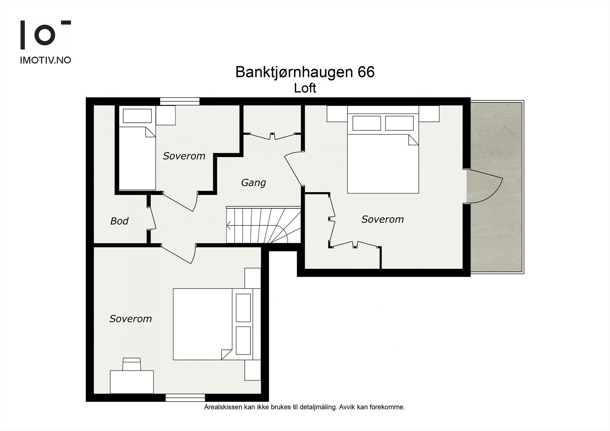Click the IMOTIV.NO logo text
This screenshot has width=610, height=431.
pos(45,60)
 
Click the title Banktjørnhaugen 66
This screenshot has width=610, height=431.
pos(305,72)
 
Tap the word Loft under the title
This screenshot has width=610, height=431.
pos(305,88)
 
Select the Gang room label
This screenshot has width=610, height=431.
pos(254,183)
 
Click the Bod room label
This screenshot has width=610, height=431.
pos(119,221)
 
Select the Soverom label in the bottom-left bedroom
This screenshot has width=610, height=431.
pos(130,319)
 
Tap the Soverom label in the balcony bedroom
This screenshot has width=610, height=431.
pos(382,219)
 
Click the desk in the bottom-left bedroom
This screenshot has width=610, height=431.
pos(132,382)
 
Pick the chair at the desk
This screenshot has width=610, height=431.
pos(132,364)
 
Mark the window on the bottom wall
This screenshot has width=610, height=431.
pos(185,398)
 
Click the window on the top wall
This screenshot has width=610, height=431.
pos(180,101)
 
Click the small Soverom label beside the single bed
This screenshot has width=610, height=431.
pos(184,156)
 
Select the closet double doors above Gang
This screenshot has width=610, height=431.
pos(272,135)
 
